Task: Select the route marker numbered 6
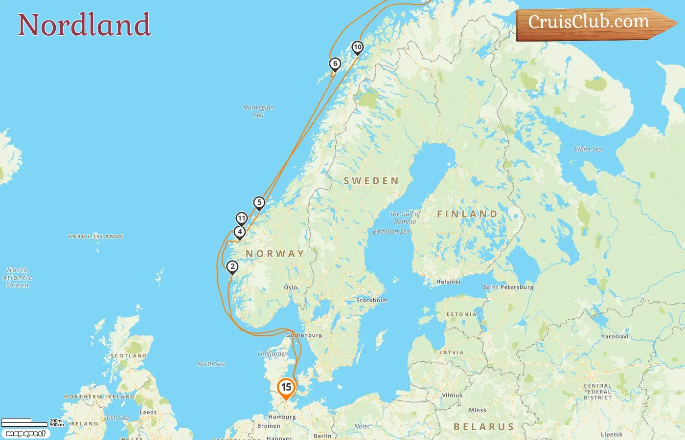[335, 64]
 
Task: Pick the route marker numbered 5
[259, 203]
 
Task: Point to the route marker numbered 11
[242, 219]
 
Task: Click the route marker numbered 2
[232, 267]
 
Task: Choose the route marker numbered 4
[240, 232]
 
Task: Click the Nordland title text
[84, 25]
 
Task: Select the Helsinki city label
[448, 282]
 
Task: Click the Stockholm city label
[372, 300]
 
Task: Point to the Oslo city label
[291, 287]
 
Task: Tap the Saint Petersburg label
[508, 287]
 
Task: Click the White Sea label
[588, 149]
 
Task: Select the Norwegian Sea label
[259, 111]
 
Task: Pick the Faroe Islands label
[96, 236]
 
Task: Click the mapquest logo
[25, 434]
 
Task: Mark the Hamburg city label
[282, 417]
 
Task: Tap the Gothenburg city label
[304, 335]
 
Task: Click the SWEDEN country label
[371, 181]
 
